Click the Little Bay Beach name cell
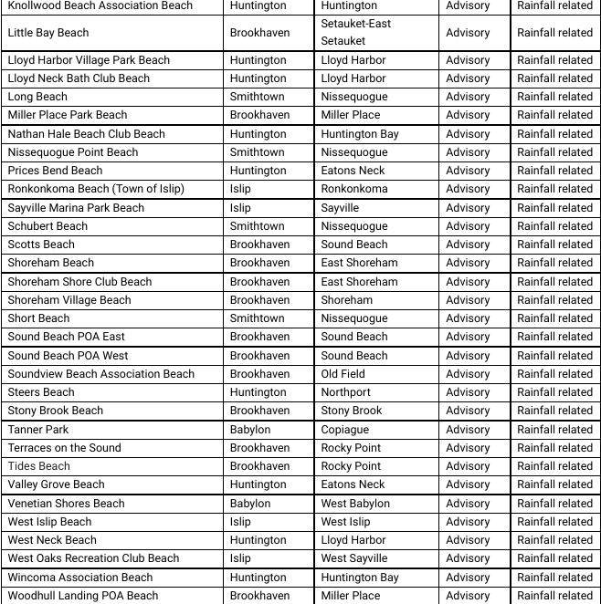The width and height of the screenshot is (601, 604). (48, 33)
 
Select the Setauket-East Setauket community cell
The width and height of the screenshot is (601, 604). (356, 32)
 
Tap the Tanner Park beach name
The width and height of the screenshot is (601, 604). (38, 430)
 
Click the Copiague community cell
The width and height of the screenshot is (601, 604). (345, 430)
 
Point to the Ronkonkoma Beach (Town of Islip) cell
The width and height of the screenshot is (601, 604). (96, 189)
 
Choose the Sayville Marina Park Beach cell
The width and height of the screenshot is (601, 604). (76, 208)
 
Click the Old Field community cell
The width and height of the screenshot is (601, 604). (343, 374)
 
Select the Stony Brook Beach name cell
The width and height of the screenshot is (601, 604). (56, 411)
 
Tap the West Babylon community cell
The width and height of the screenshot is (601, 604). (355, 504)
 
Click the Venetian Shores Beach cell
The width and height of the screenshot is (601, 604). (67, 504)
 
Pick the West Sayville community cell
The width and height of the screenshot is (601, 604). (354, 558)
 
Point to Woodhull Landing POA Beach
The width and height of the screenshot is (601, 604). (83, 596)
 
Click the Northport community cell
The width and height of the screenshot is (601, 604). (346, 392)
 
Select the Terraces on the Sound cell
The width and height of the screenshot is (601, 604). (65, 448)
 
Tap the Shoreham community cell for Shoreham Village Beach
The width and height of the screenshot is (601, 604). (347, 300)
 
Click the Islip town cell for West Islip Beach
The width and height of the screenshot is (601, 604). (240, 522)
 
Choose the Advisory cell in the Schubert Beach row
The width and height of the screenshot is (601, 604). (468, 226)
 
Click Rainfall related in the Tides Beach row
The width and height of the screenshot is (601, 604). (554, 466)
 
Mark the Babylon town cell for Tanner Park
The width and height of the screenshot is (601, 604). (250, 430)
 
